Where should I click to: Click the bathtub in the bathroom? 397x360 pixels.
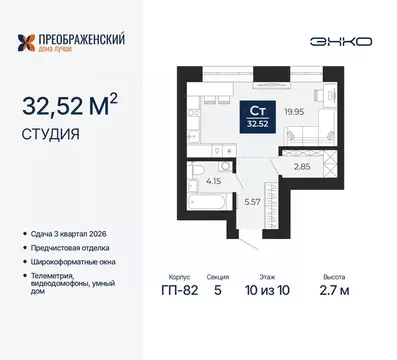click(204, 198)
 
